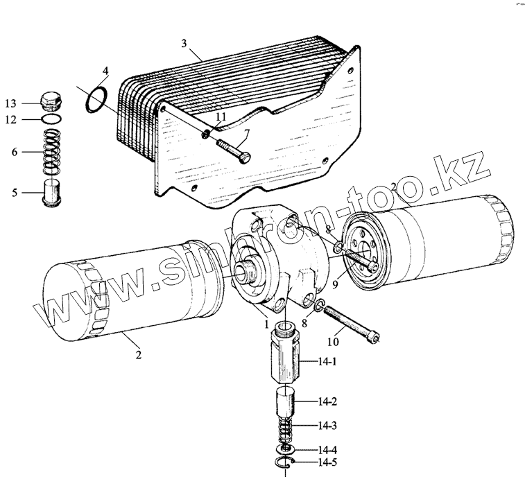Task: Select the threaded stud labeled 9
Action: tap(360, 259)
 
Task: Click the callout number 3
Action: tap(184, 43)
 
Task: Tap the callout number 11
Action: tap(221, 118)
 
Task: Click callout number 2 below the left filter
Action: tap(138, 356)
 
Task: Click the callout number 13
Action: tap(10, 103)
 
